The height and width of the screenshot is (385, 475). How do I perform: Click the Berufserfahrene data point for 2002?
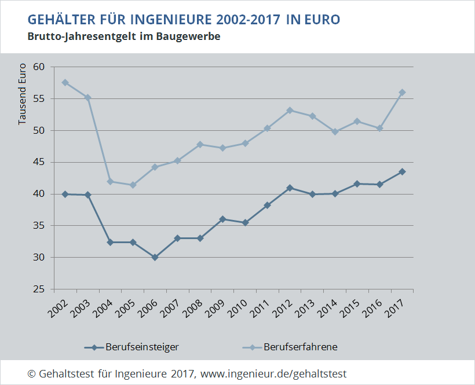pyautogui.click(x=65, y=82)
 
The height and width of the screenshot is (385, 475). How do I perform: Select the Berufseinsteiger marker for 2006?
pyautogui.click(x=155, y=257)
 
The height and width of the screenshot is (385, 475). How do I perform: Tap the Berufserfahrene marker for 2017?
pyautogui.click(x=402, y=93)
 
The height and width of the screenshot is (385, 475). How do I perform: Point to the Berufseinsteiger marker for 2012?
pyautogui.click(x=290, y=188)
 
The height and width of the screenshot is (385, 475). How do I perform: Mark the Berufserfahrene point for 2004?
pyautogui.click(x=110, y=181)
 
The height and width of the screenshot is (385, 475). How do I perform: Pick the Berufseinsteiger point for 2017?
pyautogui.click(x=402, y=171)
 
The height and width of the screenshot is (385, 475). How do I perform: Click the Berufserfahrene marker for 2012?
pyautogui.click(x=290, y=110)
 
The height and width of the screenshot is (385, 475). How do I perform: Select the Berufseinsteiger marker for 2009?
pyautogui.click(x=222, y=219)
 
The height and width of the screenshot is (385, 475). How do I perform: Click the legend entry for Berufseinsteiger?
pyautogui.click(x=133, y=347)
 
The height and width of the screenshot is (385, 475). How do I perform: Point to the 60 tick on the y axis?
pyautogui.click(x=39, y=67)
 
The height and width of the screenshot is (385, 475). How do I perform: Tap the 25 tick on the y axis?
pyautogui.click(x=39, y=289)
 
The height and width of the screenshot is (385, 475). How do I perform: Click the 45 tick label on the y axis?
pyautogui.click(x=39, y=162)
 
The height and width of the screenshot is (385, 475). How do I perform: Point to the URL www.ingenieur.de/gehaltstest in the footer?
pyautogui.click(x=273, y=374)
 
